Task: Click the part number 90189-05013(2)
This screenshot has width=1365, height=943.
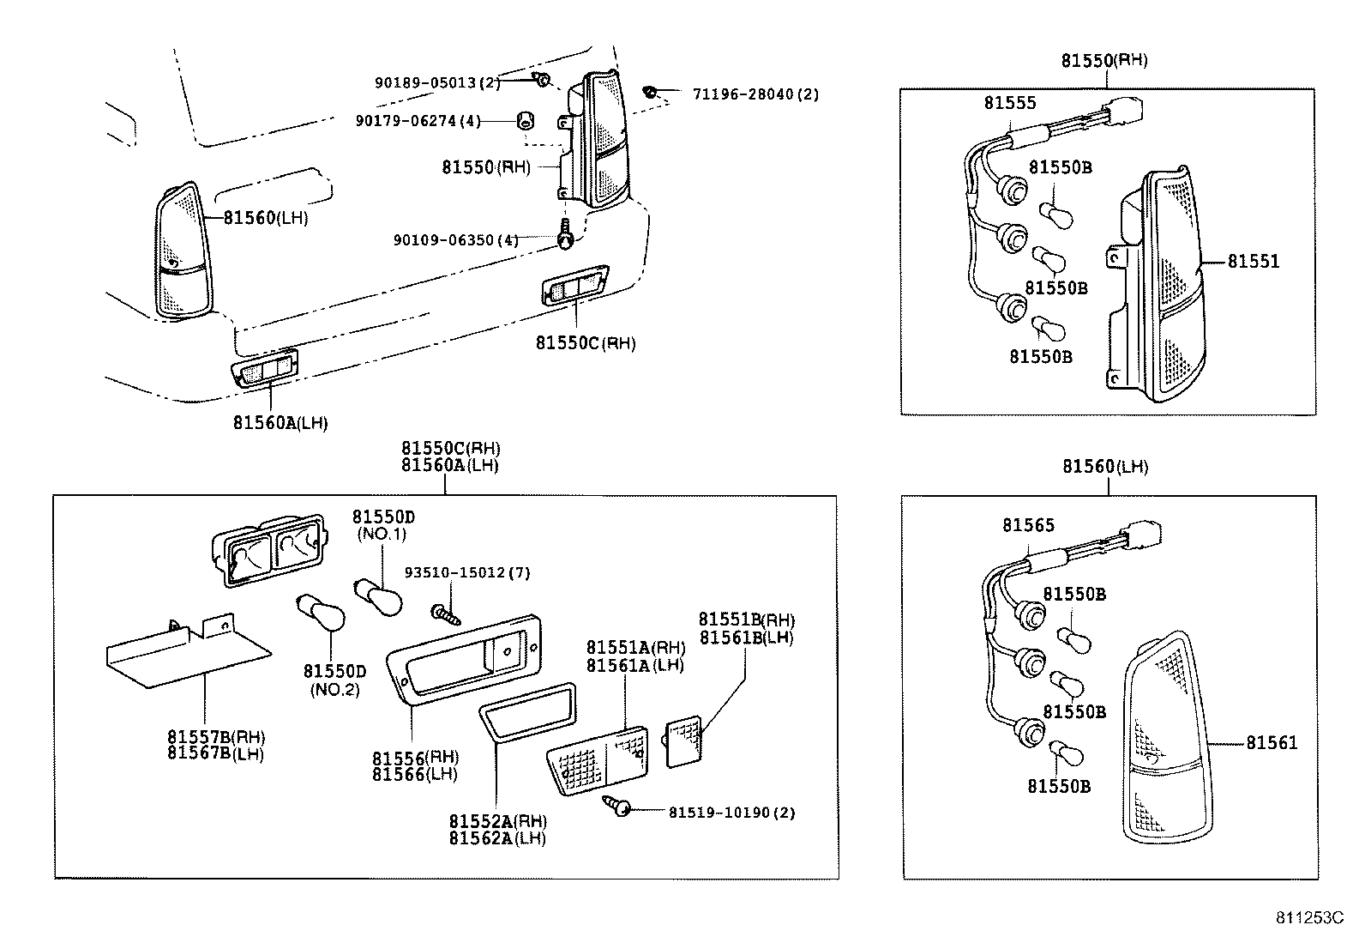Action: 436,82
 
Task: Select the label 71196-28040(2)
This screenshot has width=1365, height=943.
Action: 755,94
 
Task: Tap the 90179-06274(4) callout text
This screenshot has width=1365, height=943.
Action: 418,121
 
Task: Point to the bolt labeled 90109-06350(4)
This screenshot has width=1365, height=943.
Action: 564,235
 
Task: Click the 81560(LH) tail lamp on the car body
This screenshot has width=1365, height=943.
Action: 183,253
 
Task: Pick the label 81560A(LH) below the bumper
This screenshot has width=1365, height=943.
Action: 280,422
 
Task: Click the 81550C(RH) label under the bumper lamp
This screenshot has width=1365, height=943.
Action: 586,343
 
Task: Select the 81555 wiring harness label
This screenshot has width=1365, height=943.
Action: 1009,103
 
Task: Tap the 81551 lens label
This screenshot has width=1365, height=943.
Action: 1253,261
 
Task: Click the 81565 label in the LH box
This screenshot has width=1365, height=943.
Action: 1028,525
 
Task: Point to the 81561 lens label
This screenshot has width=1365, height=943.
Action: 1272,743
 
